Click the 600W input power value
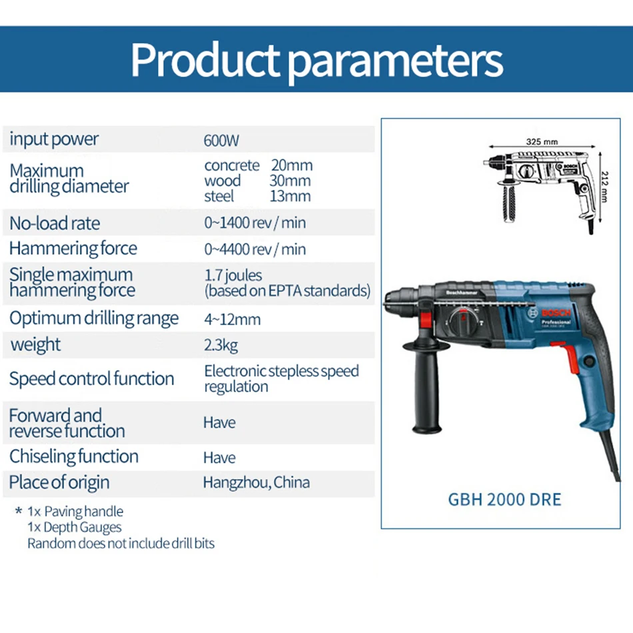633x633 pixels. [x=221, y=141]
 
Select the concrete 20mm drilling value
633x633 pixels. [x=259, y=165]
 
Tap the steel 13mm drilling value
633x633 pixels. [x=258, y=196]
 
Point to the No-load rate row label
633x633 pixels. [x=55, y=223]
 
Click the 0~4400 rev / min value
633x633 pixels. [x=255, y=249]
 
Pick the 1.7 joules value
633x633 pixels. [x=233, y=276]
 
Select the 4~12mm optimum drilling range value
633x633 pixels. [x=232, y=319]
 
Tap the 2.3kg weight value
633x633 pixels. [x=221, y=345]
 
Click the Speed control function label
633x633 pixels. [x=92, y=378]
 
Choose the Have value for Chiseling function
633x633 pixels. [x=219, y=457]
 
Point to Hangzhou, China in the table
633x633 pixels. [x=257, y=482]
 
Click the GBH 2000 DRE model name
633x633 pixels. [x=504, y=500]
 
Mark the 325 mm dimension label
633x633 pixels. [x=542, y=142]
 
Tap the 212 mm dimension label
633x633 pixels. [x=604, y=187]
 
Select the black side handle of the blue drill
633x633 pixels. [x=426, y=388]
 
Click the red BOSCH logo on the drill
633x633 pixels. [x=556, y=313]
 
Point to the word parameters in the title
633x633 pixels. [x=395, y=61]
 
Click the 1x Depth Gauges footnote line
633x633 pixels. [x=75, y=527]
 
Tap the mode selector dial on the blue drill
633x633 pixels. [x=464, y=322]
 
